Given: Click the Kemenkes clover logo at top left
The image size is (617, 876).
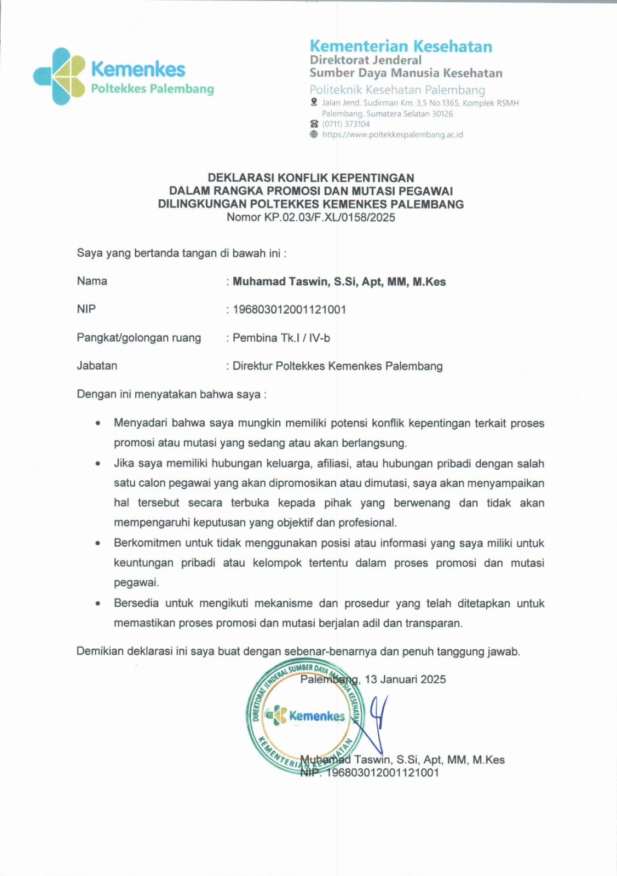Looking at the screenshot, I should [59, 76].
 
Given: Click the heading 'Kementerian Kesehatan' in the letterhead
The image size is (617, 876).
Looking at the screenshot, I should [401, 46].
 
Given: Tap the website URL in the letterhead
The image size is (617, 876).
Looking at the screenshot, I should [393, 135].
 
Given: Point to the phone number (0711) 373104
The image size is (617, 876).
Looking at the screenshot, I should [346, 124].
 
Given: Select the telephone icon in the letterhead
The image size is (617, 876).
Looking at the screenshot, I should [314, 124].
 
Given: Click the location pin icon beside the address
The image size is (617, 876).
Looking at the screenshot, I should [314, 102].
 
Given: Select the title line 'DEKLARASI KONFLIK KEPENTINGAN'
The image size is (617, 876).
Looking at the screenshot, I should [310, 178].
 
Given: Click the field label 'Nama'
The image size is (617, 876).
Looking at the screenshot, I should [92, 281].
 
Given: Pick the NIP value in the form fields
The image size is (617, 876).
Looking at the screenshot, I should [289, 310].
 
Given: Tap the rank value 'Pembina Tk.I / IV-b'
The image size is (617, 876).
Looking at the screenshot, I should [281, 338].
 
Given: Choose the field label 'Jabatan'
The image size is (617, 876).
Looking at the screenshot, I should [97, 366].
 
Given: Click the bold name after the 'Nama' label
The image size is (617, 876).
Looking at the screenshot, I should [339, 282].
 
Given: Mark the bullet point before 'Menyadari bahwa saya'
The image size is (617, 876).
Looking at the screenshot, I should [98, 423].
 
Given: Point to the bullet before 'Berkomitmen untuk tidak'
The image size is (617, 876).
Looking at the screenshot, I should [98, 544].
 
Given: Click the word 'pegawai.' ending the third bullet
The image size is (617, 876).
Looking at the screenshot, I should [136, 583].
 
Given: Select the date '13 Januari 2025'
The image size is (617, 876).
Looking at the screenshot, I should [405, 679].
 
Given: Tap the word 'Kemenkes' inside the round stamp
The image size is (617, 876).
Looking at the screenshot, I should [317, 716].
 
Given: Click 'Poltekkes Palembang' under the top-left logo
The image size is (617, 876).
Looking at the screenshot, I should [152, 89].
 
